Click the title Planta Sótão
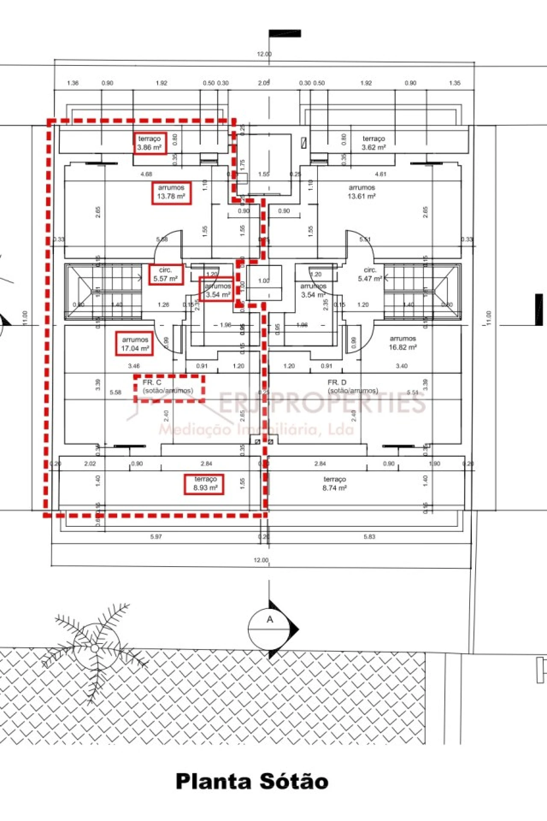tap(252, 781)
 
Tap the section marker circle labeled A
tap(269, 629)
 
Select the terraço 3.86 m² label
tap(149, 143)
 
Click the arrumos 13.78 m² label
tap(171, 192)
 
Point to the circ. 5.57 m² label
tap(165, 275)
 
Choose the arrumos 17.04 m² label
tap(135, 344)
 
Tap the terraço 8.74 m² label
tap(335, 484)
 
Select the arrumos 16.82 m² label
tap(403, 343)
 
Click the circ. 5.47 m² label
tap(370, 275)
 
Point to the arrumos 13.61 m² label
tap(362, 192)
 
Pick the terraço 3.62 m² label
tap(374, 143)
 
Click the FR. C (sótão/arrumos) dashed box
tap(169, 388)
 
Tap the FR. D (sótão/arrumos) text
tap(353, 387)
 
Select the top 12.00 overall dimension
tap(264, 54)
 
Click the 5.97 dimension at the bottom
tap(156, 536)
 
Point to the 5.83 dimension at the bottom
tap(369, 536)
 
